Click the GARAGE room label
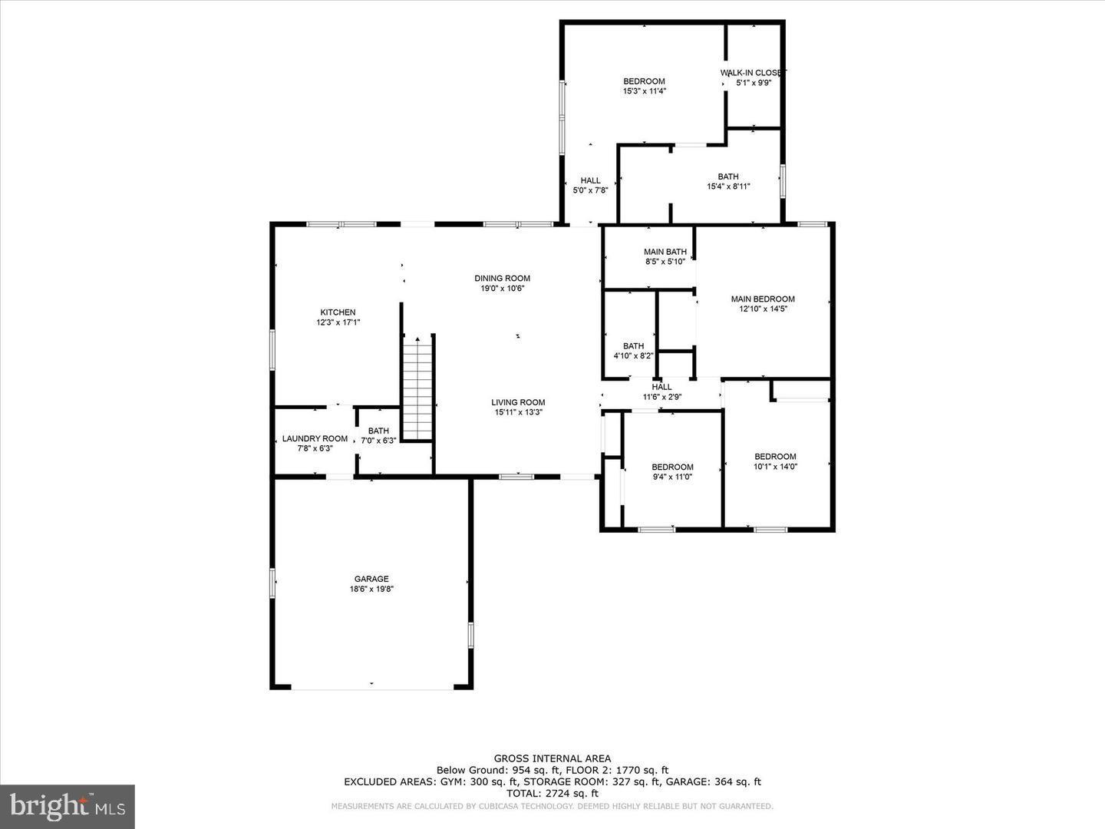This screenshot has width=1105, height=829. pos(371,579)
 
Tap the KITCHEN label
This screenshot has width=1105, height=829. pos(338,312)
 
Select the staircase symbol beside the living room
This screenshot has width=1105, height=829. pos(419,388)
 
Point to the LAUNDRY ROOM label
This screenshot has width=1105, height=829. pos(315,439)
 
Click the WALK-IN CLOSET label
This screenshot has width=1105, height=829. pos(753,73)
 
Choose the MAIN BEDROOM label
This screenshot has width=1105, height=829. pos(763,299)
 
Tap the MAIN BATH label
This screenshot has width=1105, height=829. pos(665,252)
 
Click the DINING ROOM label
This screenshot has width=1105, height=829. pos(503,279)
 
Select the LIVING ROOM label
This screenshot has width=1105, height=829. pos(518,402)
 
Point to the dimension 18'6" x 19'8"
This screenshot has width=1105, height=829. pos(371,590)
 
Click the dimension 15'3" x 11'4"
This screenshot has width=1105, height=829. pos(644,91)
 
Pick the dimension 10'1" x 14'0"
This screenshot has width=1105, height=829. pos(775,467)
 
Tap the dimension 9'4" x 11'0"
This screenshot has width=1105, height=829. pos(672,477)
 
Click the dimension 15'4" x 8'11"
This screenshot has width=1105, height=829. pos(728,187)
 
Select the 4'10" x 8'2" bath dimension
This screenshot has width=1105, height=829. pos(633,356)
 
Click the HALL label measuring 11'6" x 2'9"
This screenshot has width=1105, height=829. pos(661,387)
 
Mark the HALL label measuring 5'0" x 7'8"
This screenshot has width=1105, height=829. pos(591,180)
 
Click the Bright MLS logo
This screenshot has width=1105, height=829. pos(68,806)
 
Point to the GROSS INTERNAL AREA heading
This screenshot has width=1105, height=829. pos(552,758)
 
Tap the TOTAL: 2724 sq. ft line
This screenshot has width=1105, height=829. pos(552,794)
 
